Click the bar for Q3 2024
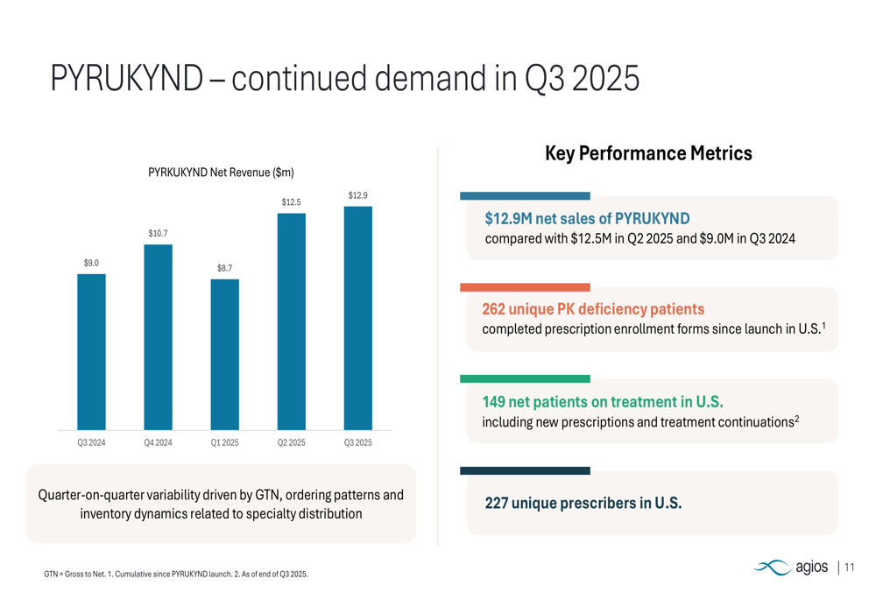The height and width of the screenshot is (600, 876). (91, 351)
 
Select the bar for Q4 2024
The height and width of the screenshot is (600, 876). (158, 336)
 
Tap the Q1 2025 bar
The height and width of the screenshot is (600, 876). (225, 354)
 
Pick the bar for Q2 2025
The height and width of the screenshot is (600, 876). (292, 321)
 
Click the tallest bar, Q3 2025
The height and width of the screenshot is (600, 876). (358, 317)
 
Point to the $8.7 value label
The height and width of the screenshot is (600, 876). (225, 268)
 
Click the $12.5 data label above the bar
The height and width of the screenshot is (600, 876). (292, 202)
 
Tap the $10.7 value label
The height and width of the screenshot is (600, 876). (158, 233)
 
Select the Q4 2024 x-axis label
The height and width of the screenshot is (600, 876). (158, 443)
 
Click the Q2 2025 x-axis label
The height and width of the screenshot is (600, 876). (292, 443)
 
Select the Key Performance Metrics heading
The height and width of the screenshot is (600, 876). (648, 154)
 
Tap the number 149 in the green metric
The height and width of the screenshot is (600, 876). (494, 402)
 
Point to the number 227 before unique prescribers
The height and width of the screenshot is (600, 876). (497, 504)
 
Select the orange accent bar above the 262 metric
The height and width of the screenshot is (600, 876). (525, 287)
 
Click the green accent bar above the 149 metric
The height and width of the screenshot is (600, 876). (525, 379)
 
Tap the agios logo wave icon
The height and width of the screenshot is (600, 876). (773, 568)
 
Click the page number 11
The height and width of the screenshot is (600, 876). (850, 568)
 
